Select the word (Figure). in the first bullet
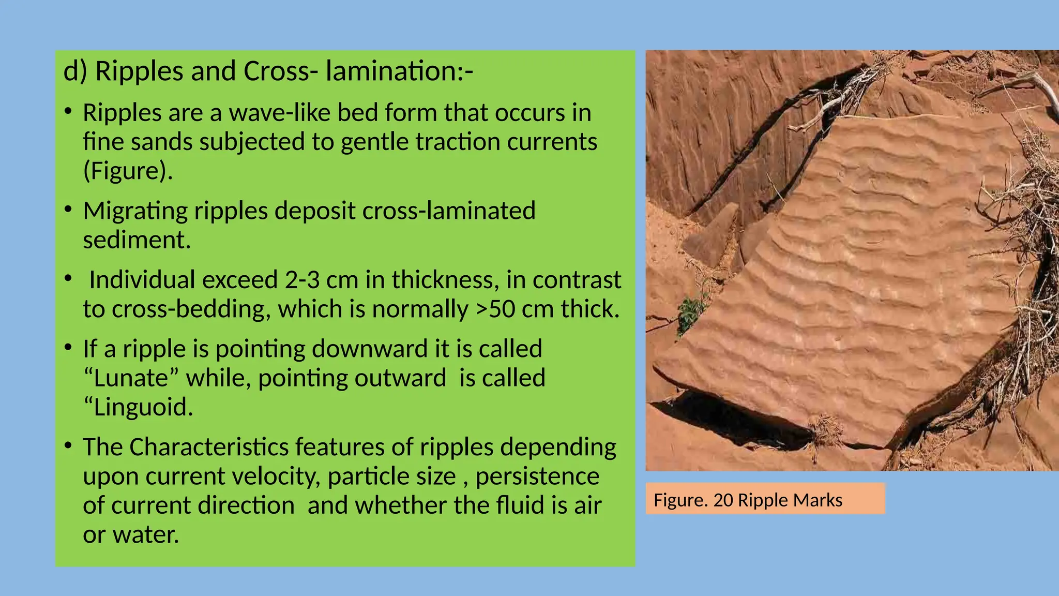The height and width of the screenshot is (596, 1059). pyautogui.click(x=128, y=171)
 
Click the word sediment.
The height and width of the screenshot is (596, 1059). pyautogui.click(x=137, y=240)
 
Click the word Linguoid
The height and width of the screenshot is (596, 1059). pyautogui.click(x=138, y=407)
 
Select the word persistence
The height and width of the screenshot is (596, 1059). pyautogui.click(x=537, y=476)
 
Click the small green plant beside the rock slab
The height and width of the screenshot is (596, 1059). pyautogui.click(x=690, y=312)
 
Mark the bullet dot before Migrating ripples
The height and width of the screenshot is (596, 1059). pyautogui.click(x=68, y=210)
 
